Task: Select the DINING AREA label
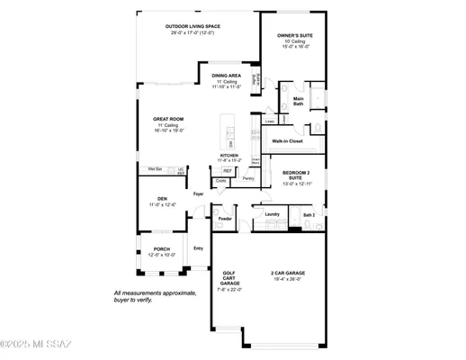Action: [225, 76]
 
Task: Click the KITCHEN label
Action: [230, 156]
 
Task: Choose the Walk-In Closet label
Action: [290, 141]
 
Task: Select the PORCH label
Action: [161, 249]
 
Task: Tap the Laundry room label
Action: [272, 214]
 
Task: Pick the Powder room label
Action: [224, 219]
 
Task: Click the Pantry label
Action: [248, 178]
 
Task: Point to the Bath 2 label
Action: [309, 215]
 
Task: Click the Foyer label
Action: [198, 193]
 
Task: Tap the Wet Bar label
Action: [155, 168]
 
